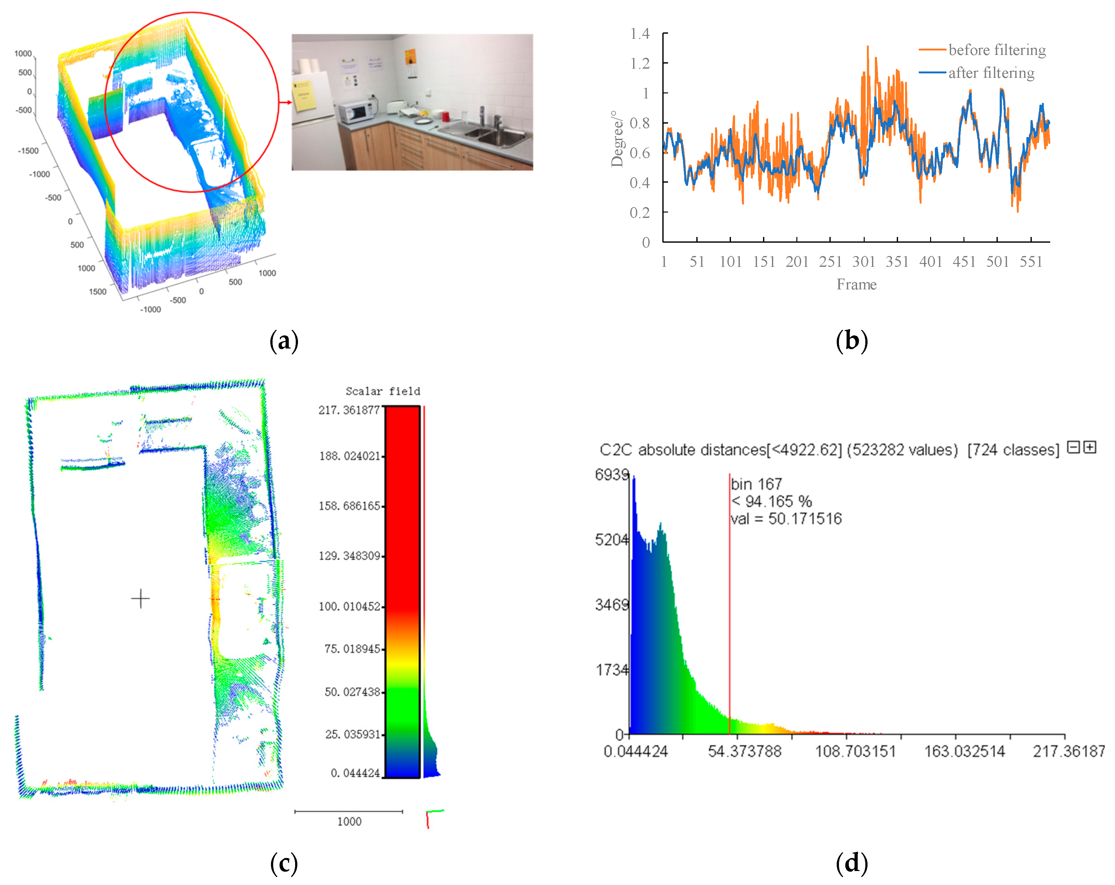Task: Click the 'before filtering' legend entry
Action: (996, 50)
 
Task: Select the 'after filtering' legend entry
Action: (991, 73)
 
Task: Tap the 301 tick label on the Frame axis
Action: (863, 262)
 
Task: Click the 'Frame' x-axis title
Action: (856, 285)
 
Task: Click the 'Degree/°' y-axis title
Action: (617, 138)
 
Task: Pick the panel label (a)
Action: (284, 341)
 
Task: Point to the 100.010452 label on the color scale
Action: (350, 606)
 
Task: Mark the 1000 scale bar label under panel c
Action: (349, 821)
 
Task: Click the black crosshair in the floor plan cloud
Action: (140, 599)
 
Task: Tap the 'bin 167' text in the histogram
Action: (756, 484)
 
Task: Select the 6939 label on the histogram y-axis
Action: (611, 474)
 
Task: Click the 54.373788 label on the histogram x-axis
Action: (744, 751)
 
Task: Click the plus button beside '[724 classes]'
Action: (1090, 447)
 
